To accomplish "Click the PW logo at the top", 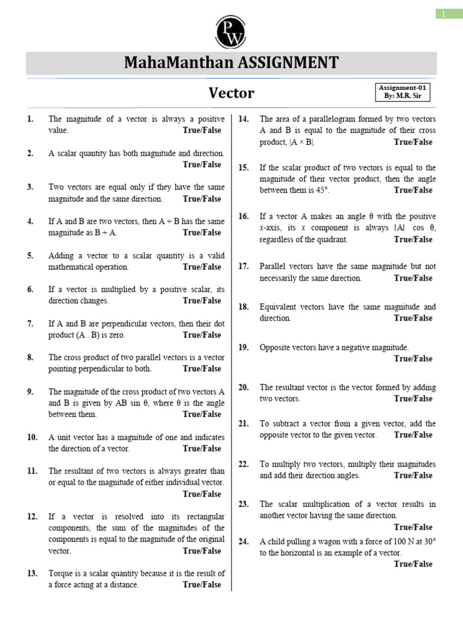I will pos(231,30).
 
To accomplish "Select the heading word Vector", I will pos(231,93).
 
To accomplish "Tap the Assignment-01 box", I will pos(405,92).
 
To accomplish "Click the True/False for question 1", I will pos(202,130).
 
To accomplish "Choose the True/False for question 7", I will pos(202,335).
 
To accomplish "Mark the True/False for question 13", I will pos(202,585).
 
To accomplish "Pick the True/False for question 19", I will pos(413,358).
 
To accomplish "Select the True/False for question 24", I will pos(413,564).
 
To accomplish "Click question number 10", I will pos(33,437).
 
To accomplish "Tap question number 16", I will pos(244,216).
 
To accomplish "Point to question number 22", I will pos(244,464).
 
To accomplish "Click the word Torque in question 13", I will pos(60,573).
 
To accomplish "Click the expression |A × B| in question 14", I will pos(301,142).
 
